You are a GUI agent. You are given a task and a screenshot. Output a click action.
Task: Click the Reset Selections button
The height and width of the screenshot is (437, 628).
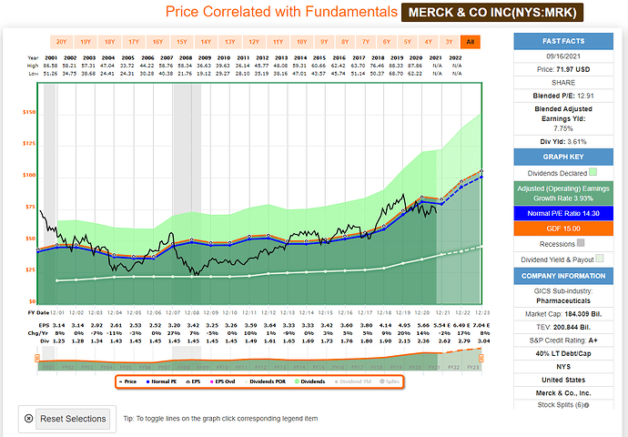click(72, 419)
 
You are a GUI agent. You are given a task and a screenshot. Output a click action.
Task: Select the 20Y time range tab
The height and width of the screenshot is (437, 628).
click(62, 42)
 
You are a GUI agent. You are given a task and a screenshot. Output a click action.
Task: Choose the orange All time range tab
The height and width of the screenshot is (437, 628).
click(471, 42)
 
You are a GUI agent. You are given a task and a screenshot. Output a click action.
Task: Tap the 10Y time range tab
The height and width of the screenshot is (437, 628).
click(300, 42)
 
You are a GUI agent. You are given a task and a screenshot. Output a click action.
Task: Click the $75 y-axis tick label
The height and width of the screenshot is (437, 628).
click(29, 208)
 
